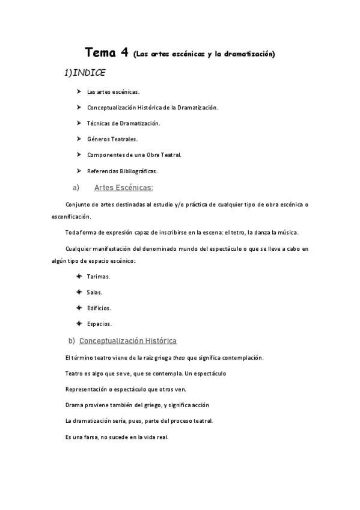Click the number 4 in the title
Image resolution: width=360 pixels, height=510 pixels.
point(124,52)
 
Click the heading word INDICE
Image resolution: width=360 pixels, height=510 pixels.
point(88,73)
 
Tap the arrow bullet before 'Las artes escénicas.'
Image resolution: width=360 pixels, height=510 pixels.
point(79,91)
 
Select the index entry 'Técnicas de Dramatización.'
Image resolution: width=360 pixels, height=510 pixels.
point(123,123)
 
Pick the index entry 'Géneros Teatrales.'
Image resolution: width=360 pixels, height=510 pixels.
point(112,139)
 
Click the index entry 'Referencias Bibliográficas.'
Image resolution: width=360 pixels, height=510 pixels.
point(122,171)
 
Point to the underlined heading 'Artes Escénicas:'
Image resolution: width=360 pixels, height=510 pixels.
point(124,187)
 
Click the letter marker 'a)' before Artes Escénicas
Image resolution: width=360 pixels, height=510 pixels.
point(76,187)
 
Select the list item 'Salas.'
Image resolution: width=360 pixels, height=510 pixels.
point(95,292)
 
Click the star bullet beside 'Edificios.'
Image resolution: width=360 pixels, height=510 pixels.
point(79,307)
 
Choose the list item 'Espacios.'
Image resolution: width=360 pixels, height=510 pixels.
point(99,324)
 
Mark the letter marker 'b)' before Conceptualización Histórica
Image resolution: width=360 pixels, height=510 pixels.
point(72,341)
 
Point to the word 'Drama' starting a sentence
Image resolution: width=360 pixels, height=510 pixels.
point(73,405)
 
